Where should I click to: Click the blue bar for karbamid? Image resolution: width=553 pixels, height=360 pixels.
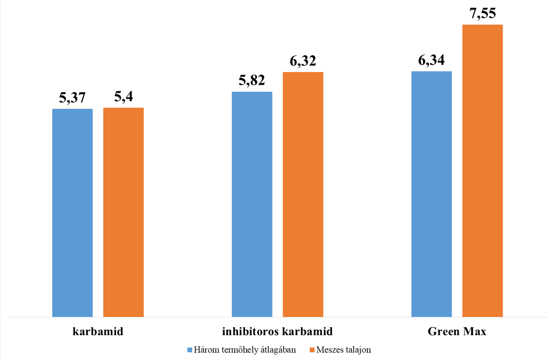[72, 213]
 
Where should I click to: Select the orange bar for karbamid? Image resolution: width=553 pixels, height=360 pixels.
[123, 212]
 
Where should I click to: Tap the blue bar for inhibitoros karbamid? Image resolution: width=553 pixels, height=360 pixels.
[252, 204]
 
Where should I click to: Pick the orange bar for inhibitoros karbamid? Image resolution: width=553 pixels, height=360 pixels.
[303, 194]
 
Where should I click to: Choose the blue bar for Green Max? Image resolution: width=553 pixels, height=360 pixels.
[432, 194]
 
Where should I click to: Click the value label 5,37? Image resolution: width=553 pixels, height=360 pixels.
[73, 98]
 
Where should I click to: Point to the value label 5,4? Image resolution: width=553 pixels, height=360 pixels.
[124, 98]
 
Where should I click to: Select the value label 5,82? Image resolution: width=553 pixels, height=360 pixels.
[252, 81]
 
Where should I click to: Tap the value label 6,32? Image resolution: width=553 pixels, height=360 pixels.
[303, 61]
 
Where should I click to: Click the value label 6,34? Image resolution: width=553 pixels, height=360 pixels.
[432, 60]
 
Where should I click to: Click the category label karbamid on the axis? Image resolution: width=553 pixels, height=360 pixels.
[98, 332]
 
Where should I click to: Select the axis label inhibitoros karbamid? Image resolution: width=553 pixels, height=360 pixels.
[277, 332]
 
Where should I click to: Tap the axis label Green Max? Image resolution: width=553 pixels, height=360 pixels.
[457, 332]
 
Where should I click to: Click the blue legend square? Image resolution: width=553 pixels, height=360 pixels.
[189, 350]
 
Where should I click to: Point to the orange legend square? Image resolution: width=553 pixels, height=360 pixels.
[312, 350]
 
